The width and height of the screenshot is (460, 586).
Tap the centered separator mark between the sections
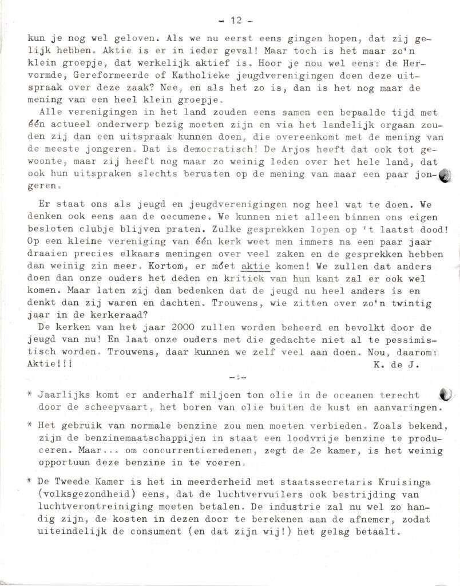[236, 378]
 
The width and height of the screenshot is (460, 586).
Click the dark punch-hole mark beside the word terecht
[445, 394]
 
